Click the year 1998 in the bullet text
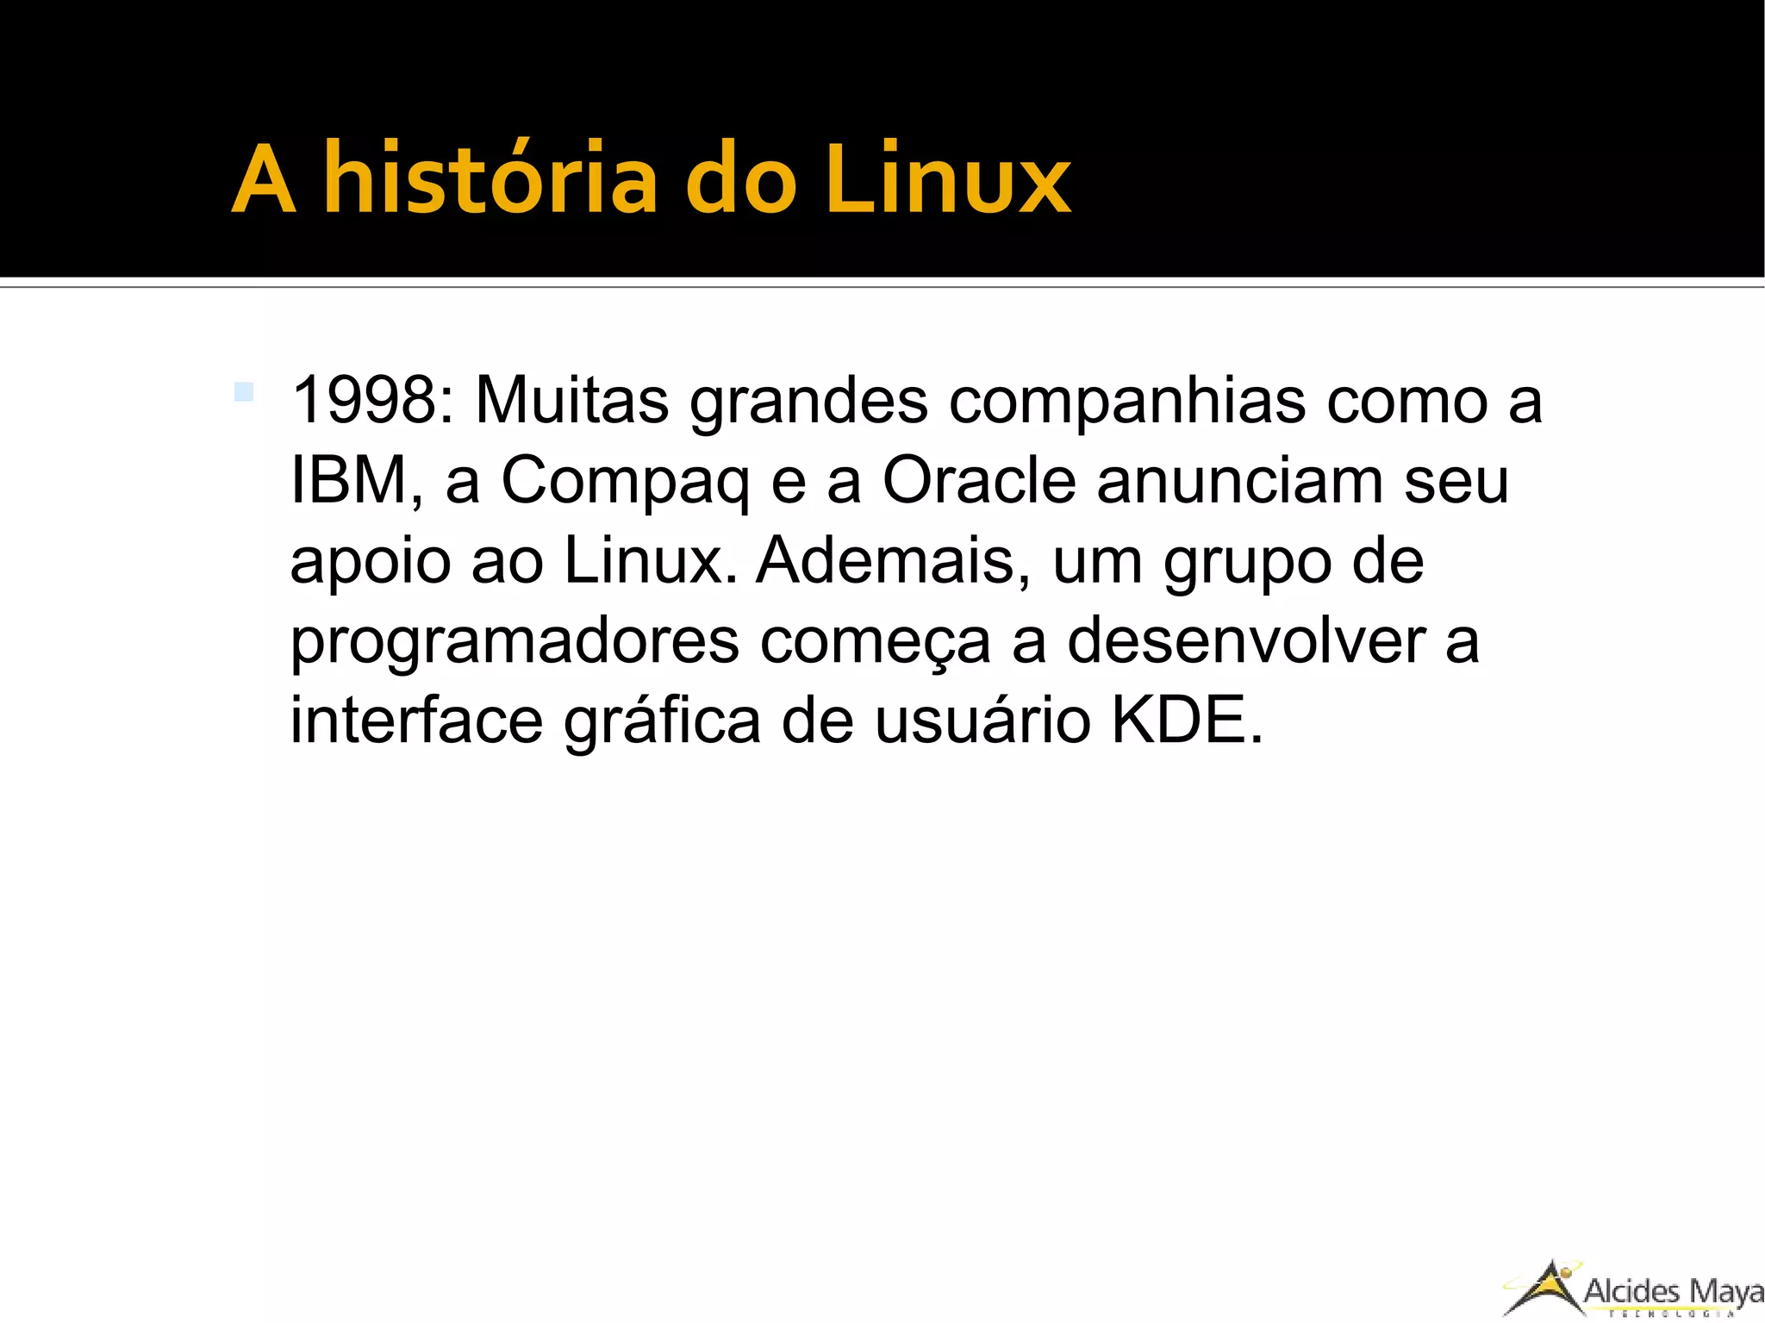tap(365, 400)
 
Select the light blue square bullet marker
tap(244, 392)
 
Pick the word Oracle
tap(979, 480)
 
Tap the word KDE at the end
tap(1186, 721)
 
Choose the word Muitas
tap(571, 400)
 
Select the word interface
tap(416, 721)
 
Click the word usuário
tap(982, 721)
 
